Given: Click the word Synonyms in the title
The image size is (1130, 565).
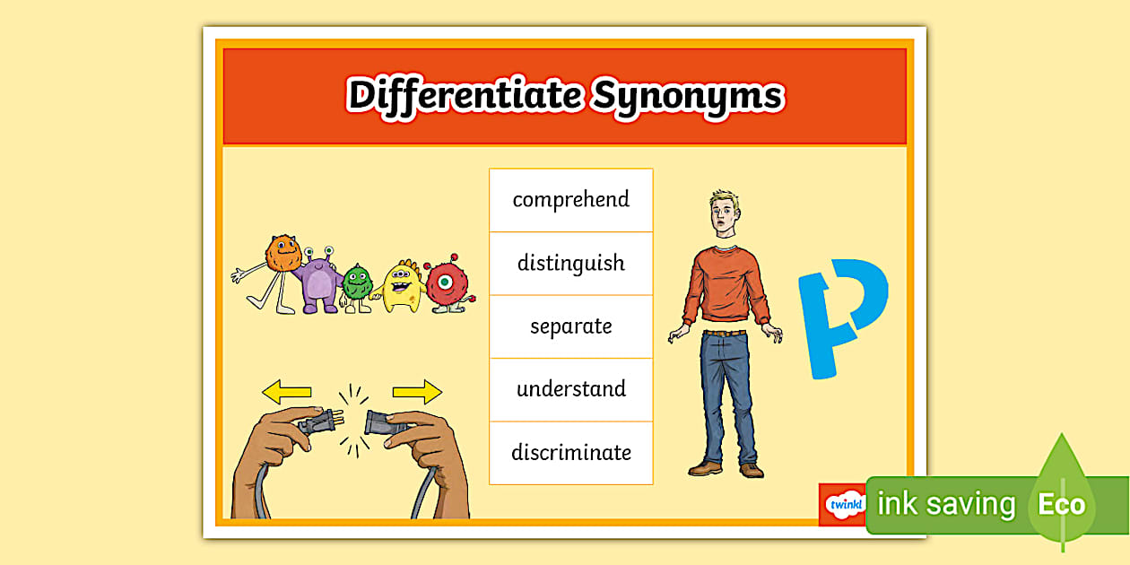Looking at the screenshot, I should tap(687, 95).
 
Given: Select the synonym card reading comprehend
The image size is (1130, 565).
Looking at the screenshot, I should tap(570, 199).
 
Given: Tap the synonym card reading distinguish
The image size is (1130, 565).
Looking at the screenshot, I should tap(570, 263).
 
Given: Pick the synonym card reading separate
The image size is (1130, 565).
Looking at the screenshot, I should tap(570, 326).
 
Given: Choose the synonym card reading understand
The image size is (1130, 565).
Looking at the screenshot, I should tap(570, 389).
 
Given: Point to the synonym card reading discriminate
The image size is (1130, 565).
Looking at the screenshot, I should tap(570, 453).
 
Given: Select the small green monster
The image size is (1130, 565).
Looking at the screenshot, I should tap(358, 284).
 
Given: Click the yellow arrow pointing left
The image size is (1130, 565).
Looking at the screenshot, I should tap(286, 392).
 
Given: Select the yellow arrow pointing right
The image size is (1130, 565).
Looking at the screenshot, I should tap(417, 392).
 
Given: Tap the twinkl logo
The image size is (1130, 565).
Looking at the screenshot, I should tap(844, 504).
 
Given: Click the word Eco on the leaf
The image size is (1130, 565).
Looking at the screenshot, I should tap(1061, 504).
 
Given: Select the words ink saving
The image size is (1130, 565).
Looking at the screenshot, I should tap(946, 504).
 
